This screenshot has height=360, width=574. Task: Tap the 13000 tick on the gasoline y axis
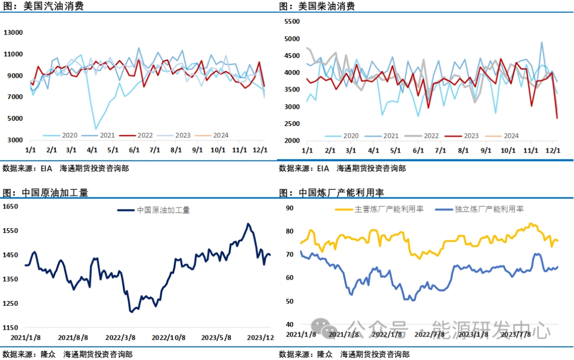click(x=13, y=32)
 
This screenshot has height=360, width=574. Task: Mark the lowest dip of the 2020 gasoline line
click(x=96, y=129)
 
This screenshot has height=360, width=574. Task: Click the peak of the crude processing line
click(x=248, y=224)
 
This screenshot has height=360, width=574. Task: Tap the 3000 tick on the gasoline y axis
click(x=15, y=140)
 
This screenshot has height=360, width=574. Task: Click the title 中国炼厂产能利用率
click(x=341, y=192)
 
